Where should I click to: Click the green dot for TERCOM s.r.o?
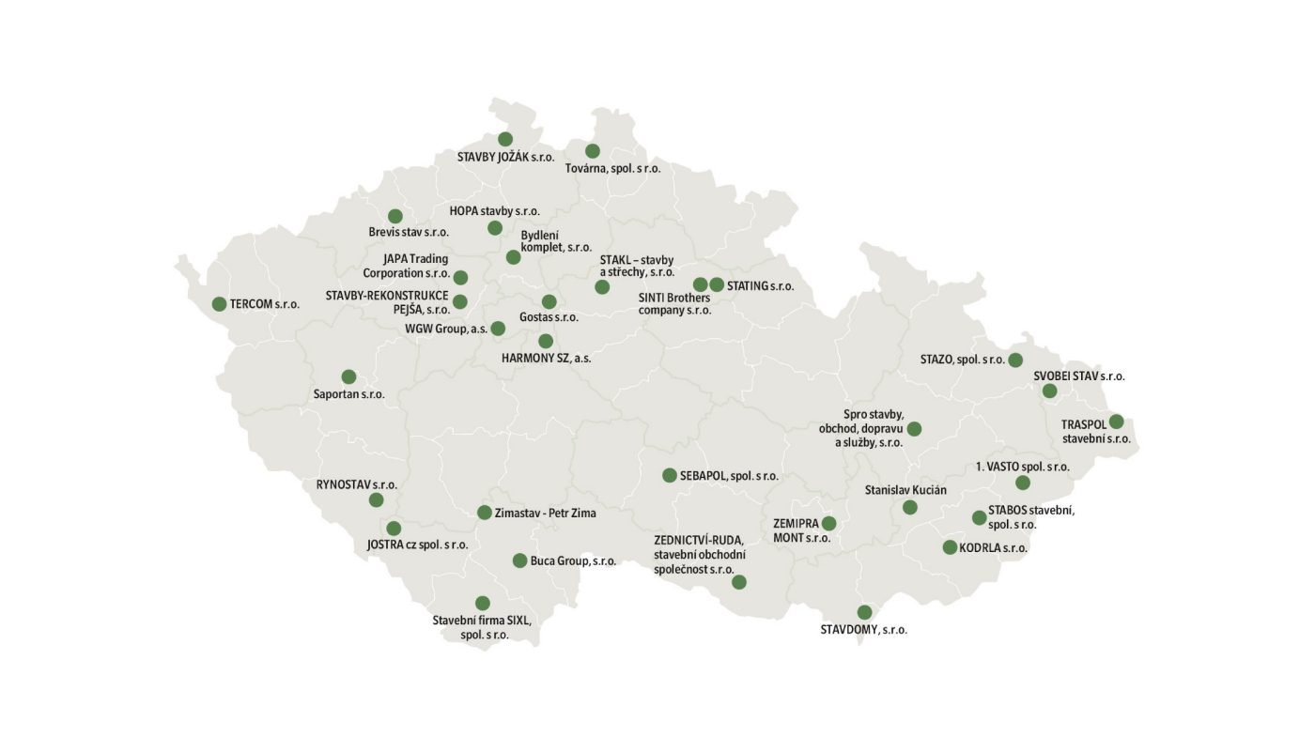tap(219, 304)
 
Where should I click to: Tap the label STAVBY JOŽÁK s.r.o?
tap(505, 158)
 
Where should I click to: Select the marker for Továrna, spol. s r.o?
tap(592, 151)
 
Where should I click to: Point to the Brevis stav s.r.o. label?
tap(409, 232)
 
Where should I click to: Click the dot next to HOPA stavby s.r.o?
tap(495, 228)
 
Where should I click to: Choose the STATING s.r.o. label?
tap(760, 285)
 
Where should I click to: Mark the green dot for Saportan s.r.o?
tap(348, 376)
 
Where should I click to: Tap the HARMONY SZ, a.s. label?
tap(546, 358)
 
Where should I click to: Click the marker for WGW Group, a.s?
tap(498, 329)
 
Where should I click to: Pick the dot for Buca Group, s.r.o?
tap(519, 560)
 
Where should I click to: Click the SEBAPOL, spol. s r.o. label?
tap(729, 476)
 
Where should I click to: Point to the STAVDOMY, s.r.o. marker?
tap(864, 612)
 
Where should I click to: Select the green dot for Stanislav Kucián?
tap(909, 508)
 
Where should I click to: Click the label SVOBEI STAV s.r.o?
tap(1079, 376)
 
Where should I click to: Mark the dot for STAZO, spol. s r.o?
tap(1015, 360)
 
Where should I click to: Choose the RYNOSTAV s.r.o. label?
tap(357, 485)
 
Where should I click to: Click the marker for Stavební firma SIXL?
tap(483, 603)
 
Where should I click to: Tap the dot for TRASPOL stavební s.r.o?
tap(1116, 422)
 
